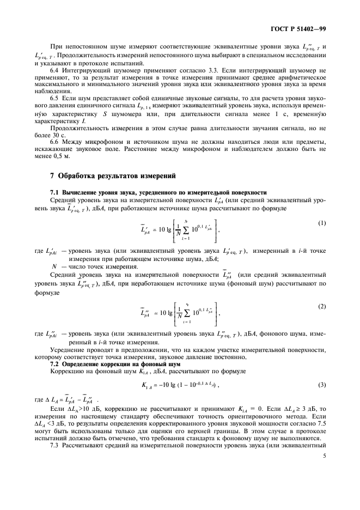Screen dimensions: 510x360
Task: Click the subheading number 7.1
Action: click(x=56, y=192)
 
